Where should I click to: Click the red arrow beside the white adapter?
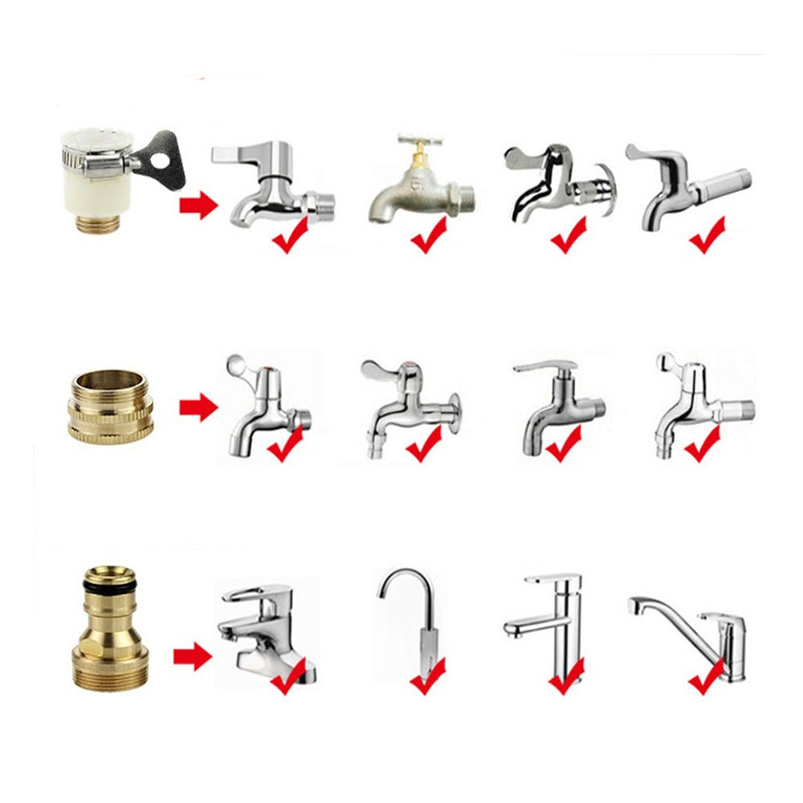click(x=198, y=206)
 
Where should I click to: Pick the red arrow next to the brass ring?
click(x=198, y=408)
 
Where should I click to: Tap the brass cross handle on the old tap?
click(x=419, y=144)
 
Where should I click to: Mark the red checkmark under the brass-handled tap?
click(x=430, y=234)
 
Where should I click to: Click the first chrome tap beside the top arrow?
click(x=269, y=185)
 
